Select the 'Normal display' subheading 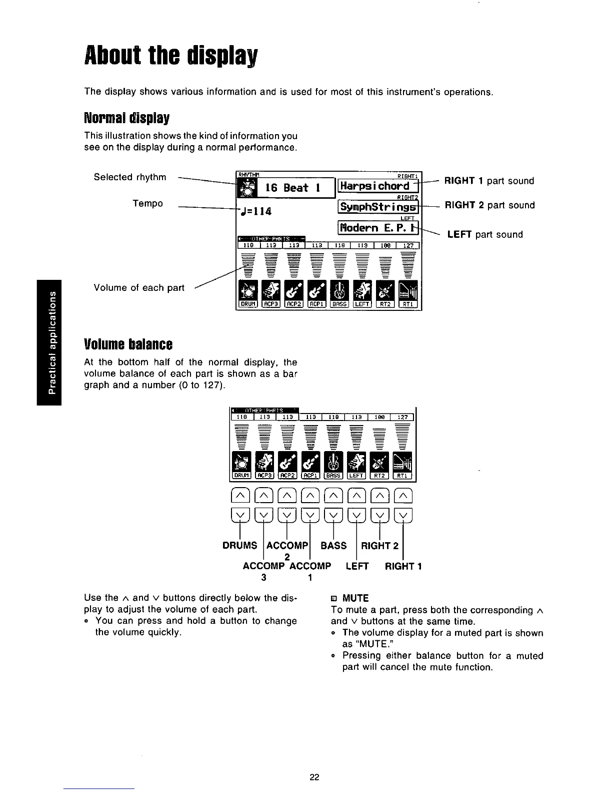click(x=127, y=119)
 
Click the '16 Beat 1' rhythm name click(x=293, y=188)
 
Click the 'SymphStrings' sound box click(x=377, y=206)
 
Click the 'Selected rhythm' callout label click(x=130, y=177)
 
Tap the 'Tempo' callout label click(x=147, y=203)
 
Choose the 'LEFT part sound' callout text click(x=484, y=234)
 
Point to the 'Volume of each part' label click(x=139, y=288)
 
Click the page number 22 click(x=314, y=777)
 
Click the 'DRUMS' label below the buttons click(x=239, y=546)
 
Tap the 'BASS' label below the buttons click(x=333, y=546)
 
